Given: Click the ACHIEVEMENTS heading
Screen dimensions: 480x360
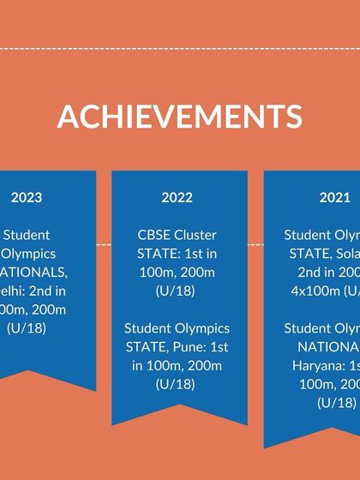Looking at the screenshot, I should click(180, 116).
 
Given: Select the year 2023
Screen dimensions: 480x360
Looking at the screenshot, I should click(27, 197).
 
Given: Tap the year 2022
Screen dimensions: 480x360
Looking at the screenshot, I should click(177, 197).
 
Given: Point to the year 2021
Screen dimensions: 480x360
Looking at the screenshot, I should click(334, 197).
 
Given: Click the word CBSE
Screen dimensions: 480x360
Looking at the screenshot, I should click(155, 235).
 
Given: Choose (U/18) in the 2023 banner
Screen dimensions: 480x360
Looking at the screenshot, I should click(27, 328).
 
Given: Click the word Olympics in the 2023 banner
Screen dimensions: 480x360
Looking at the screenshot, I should click(28, 254).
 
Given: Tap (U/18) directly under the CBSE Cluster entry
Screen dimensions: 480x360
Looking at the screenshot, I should click(177, 291).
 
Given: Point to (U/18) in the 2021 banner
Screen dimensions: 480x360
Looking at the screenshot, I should click(336, 403).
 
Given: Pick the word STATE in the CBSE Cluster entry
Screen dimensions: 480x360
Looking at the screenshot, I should click(158, 254).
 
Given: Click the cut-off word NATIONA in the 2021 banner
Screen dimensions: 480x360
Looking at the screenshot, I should click(329, 347).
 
